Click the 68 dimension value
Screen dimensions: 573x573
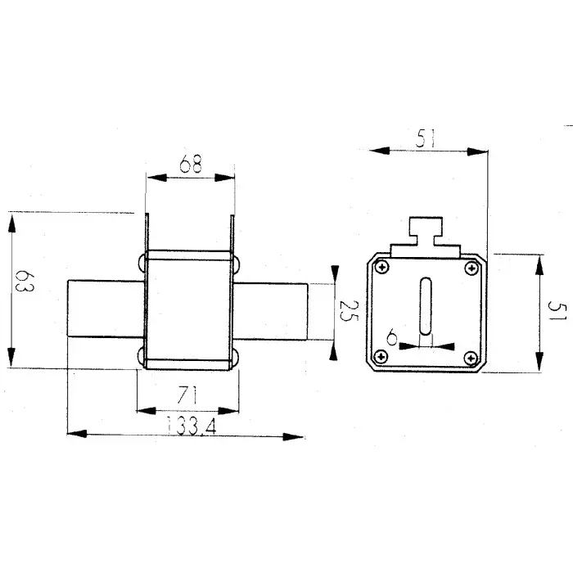pos(191,166)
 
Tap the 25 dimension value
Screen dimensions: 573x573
pos(347,310)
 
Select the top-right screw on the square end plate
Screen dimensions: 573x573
pos(471,268)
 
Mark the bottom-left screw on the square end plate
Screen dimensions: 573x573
pos(381,356)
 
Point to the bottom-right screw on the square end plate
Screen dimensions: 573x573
pos(471,356)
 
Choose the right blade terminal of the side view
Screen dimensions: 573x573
pos(271,309)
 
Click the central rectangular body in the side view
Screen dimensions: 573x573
pos(189,309)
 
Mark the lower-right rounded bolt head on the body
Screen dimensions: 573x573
pos(236,356)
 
